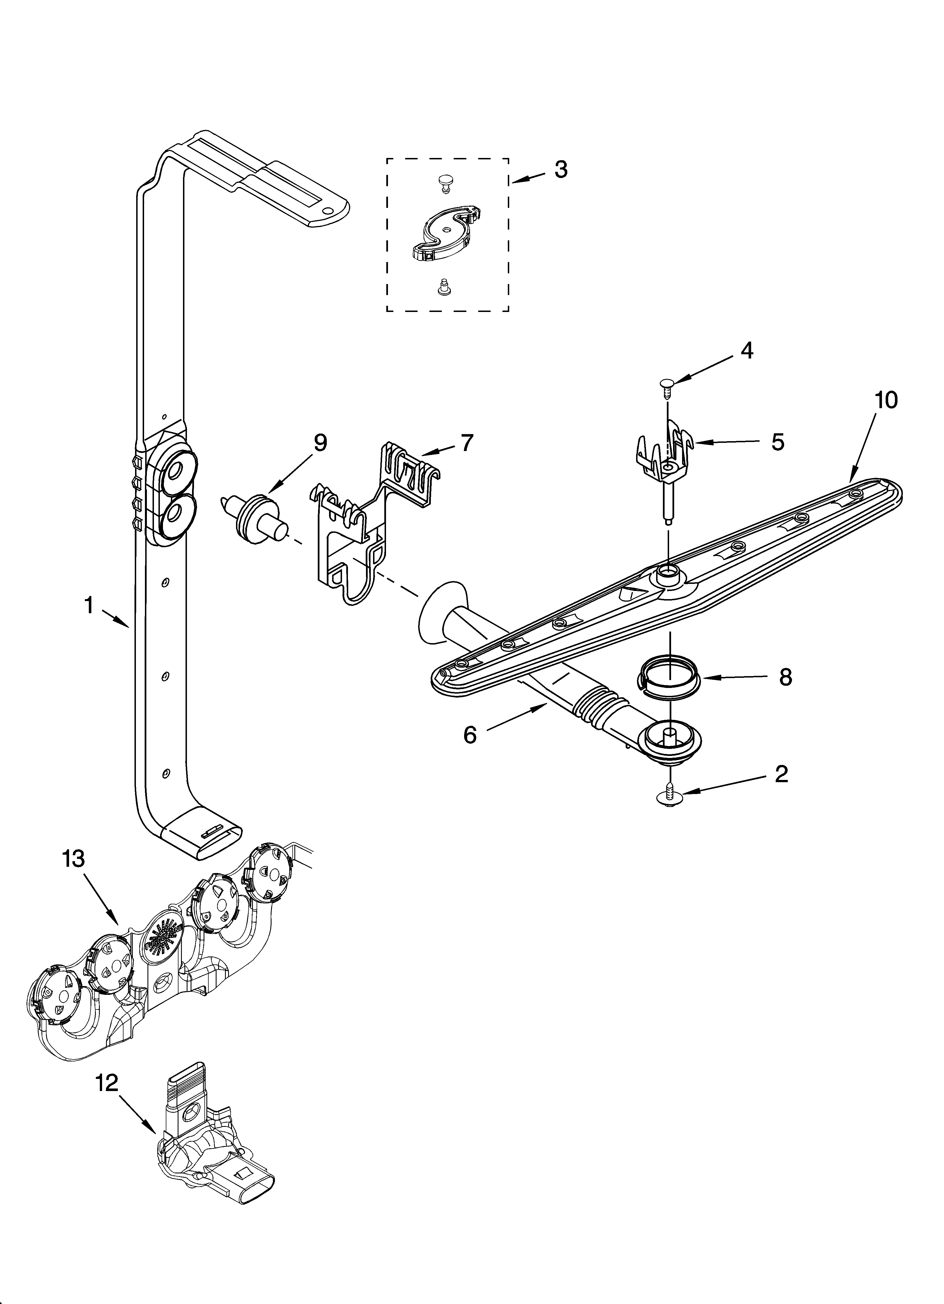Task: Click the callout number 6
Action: pyautogui.click(x=470, y=735)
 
